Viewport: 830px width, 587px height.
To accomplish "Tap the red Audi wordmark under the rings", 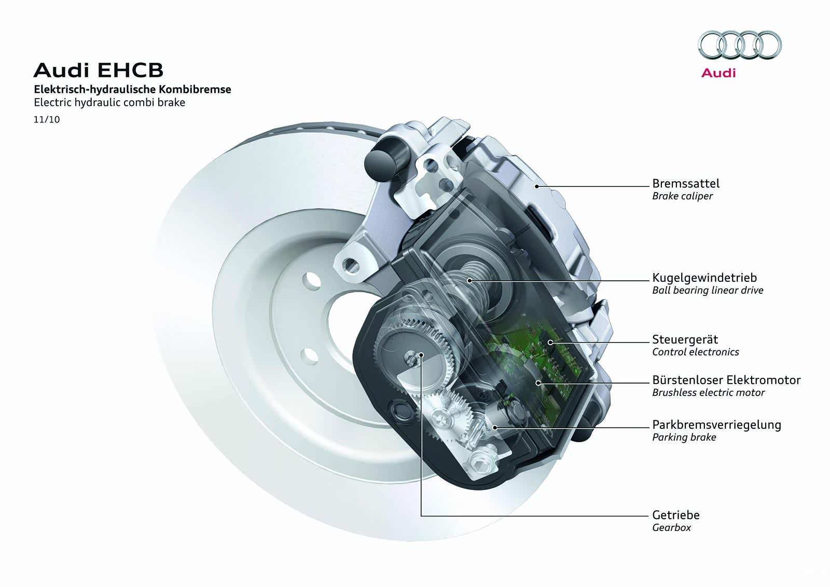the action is click(x=718, y=73).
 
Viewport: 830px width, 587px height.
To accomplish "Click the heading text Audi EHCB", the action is click(x=99, y=70).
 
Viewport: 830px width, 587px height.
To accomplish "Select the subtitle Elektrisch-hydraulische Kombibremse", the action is click(x=133, y=89).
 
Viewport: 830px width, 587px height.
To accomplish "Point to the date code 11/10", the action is click(x=47, y=119).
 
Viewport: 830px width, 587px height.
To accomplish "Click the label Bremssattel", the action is click(x=686, y=184).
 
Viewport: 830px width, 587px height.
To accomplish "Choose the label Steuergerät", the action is click(x=685, y=339).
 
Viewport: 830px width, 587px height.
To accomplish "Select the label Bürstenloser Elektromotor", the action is click(x=727, y=380).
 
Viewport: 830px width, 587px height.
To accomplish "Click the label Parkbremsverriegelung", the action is click(x=716, y=425).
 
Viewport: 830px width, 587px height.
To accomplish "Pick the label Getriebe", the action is click(x=676, y=515).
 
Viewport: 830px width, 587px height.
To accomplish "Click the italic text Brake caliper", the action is click(x=683, y=196).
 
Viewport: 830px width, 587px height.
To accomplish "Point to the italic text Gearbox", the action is click(x=671, y=528).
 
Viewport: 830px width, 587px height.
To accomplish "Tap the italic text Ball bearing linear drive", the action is click(x=708, y=290).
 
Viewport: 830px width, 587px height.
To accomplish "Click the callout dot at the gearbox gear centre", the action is click(x=421, y=355).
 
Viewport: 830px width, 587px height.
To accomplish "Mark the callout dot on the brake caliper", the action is click(x=536, y=186).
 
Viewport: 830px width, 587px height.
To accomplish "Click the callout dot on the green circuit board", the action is click(x=550, y=342).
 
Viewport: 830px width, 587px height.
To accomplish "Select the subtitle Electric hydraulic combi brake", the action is click(x=109, y=102).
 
